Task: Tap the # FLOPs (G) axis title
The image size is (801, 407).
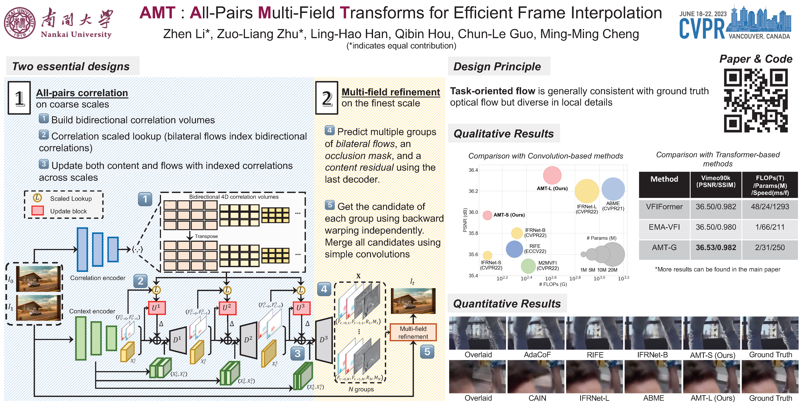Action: [553, 284]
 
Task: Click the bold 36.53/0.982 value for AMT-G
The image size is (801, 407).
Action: [716, 248]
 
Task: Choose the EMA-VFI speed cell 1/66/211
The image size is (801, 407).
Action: [770, 227]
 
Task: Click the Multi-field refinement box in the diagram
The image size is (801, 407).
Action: [413, 332]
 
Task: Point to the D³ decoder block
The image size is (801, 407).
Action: [324, 340]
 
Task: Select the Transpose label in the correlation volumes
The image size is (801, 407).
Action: [206, 236]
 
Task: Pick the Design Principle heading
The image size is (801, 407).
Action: [497, 67]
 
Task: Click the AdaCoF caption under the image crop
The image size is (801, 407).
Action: [537, 355]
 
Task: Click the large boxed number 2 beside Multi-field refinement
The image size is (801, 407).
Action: [326, 98]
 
